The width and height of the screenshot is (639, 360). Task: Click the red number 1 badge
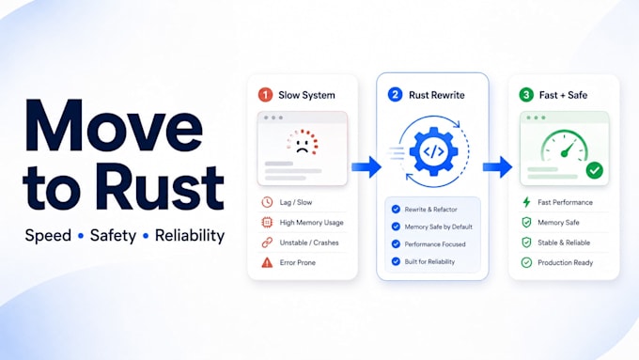265,95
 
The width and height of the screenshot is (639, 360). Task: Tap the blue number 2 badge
395,95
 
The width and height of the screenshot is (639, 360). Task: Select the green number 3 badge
526,95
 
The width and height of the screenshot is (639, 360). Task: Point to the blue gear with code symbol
433,151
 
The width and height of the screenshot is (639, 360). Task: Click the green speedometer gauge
565,146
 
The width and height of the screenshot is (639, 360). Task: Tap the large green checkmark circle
595,170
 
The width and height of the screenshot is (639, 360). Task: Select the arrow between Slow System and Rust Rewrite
366,166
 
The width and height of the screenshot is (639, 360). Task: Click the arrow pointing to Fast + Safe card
497,166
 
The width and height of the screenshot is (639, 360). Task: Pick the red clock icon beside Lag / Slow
267,202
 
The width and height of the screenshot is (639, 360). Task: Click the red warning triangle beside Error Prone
267,262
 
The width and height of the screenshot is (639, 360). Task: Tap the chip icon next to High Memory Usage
267,222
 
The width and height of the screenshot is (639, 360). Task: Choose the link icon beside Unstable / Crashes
267,243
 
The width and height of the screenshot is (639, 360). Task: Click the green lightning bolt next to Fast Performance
526,202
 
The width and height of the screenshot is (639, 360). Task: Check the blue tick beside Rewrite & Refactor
396,210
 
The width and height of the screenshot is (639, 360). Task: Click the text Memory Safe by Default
439,227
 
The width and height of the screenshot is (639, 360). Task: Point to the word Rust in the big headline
160,188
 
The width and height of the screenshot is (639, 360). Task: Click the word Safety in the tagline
113,235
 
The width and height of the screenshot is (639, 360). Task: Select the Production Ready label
566,262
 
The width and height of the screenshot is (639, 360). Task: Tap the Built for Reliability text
429,261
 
